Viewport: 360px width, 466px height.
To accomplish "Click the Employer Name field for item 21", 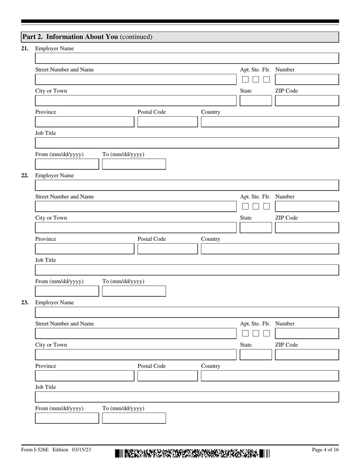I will pos(187,58).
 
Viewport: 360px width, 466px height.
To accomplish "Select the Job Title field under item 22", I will pos(187,270).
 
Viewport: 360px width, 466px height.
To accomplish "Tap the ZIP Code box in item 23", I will pos(307,355).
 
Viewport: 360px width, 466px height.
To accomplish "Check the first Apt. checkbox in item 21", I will pos(245,80).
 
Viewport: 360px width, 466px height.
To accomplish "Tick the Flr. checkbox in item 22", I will pos(266,206).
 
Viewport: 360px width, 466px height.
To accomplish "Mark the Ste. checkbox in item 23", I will pos(256,333).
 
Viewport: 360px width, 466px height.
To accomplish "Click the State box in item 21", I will pos(256,101).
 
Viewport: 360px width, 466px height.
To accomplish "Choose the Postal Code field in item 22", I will pos(167,249).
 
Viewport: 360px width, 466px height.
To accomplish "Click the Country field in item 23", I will pos(269,376).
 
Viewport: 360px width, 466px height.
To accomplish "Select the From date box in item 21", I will pos(67,164).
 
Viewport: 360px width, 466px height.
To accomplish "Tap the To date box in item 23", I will pos(134,418).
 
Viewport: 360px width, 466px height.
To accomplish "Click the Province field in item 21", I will pos(85,122).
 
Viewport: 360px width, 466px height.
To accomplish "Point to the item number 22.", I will pos(25,175).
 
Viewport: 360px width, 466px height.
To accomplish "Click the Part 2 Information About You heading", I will pos(87,37).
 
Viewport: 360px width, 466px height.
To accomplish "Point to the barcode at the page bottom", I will pos(192,453).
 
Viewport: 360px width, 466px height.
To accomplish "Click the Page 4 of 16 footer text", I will pos(325,450).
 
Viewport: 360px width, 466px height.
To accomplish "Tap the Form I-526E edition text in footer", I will pos(56,450).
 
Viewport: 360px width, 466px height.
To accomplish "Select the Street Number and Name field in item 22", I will pos(135,206).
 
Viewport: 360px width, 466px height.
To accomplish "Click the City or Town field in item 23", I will pos(135,355).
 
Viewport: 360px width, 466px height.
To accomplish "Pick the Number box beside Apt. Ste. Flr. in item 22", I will pos(307,206).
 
